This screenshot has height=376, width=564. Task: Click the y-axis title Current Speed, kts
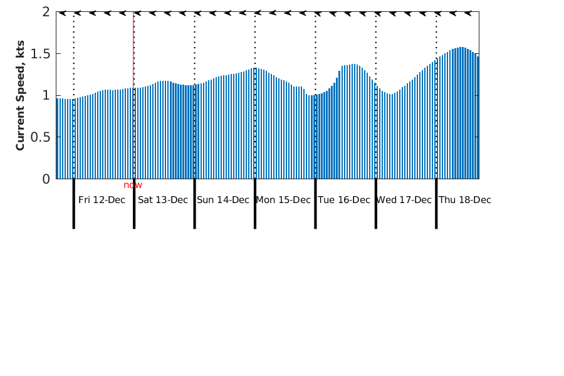pos(20,95)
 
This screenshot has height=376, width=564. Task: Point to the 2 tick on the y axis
pos(46,12)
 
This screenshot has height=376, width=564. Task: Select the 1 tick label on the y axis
pos(46,95)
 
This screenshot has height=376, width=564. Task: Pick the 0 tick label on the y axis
pos(46,179)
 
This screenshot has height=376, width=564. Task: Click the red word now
pos(133,185)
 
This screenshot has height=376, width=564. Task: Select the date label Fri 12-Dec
pos(102,200)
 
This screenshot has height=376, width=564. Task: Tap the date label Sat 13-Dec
pos(163,200)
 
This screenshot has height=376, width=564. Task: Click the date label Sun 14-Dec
pos(223,200)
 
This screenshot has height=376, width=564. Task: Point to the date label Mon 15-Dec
pos(283,200)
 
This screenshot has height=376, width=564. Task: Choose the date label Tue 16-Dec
pos(344,200)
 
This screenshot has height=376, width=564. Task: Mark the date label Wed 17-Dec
pos(404,200)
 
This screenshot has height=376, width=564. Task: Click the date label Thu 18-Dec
pos(465,200)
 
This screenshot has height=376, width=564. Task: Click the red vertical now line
pos(133,94)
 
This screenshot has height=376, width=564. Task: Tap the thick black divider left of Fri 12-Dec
pos(74,204)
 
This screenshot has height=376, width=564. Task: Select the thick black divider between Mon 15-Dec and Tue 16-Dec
pos(315,204)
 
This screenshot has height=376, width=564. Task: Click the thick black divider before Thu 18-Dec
pos(436,204)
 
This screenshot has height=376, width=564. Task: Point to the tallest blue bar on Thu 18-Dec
pos(461,113)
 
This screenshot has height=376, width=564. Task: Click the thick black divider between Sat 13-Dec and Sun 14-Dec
pos(194,204)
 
